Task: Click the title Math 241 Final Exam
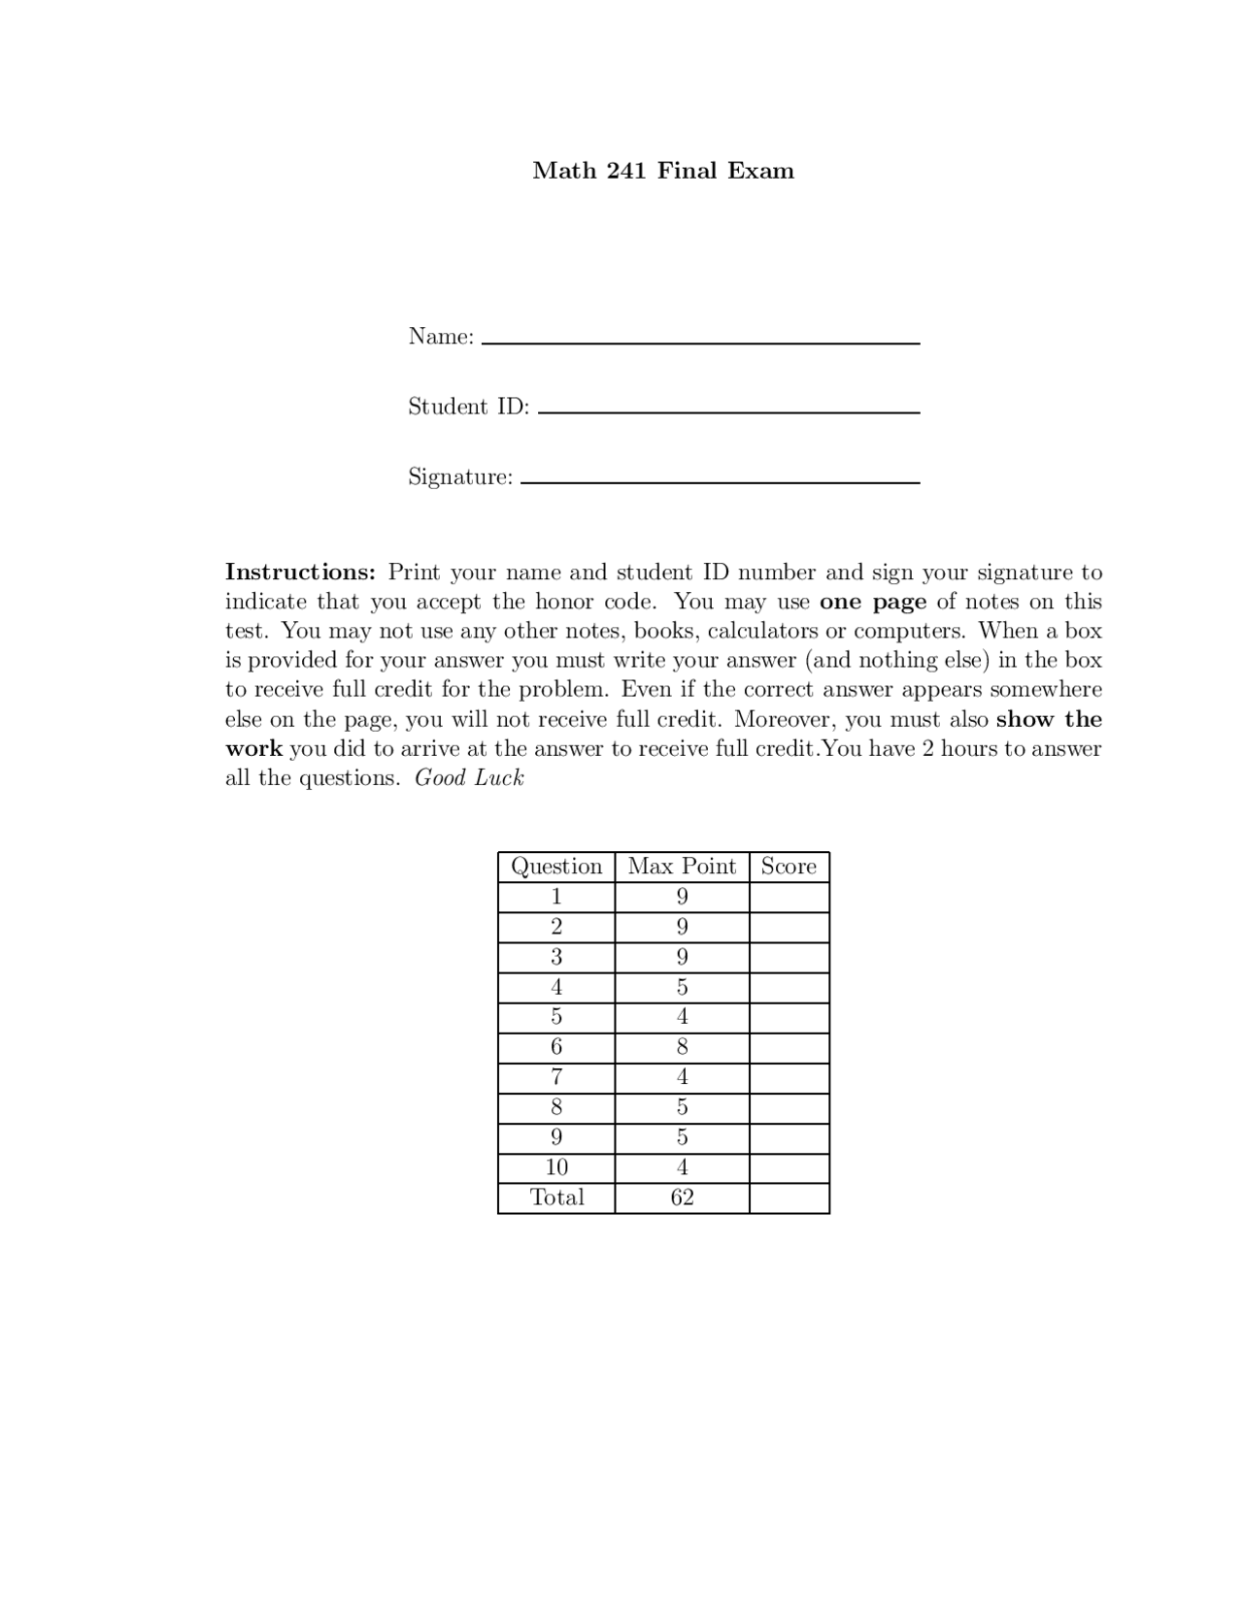[x=663, y=171]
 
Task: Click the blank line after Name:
[x=700, y=341]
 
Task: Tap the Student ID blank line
[x=728, y=410]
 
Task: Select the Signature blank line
[x=720, y=480]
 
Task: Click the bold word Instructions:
[x=300, y=573]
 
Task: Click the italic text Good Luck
[x=469, y=778]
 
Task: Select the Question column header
[x=556, y=867]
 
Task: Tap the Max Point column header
[x=682, y=867]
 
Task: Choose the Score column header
[x=789, y=867]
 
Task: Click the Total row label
[x=556, y=1197]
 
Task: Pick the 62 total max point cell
[x=682, y=1197]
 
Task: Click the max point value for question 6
[x=682, y=1047]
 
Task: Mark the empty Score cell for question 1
[x=789, y=897]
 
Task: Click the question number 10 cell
[x=556, y=1167]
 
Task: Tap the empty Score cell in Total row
[x=789, y=1197]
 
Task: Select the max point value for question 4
[x=682, y=987]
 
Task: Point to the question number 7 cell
[x=556, y=1077]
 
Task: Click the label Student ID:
[x=468, y=407]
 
